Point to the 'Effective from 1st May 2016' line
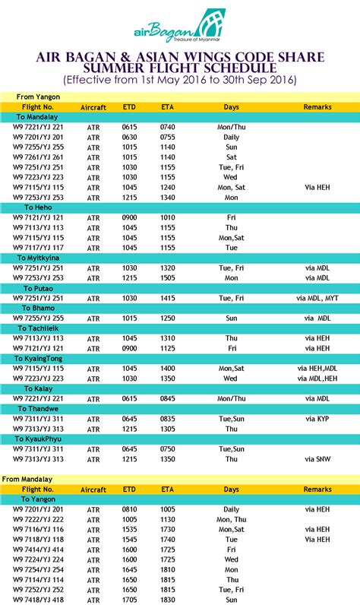[180, 80]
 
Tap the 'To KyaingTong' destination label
[46, 357]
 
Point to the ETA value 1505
[168, 278]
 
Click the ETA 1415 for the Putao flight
[168, 298]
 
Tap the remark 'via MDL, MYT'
[317, 298]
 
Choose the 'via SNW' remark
[317, 459]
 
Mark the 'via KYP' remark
[317, 419]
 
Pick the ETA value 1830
[168, 600]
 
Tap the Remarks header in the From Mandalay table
[317, 489]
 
